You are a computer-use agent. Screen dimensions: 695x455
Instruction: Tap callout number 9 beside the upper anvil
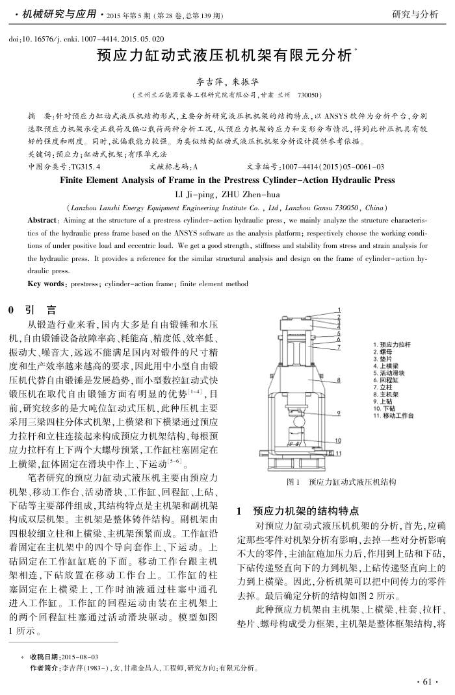[x=339, y=413]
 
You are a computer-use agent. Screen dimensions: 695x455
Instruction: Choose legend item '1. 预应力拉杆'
[x=396, y=344]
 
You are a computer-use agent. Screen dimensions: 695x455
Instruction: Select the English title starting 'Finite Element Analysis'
[x=227, y=180]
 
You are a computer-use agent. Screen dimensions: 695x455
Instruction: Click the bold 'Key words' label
[x=46, y=284]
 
